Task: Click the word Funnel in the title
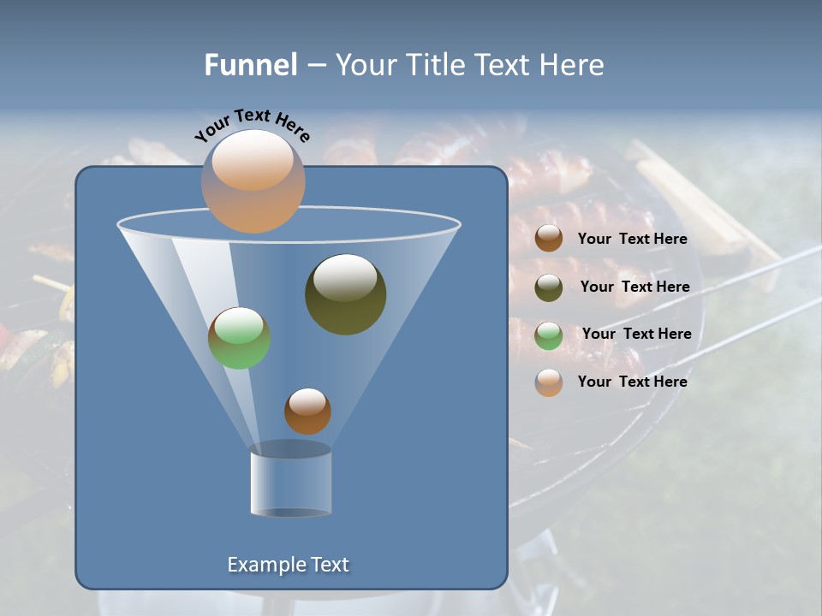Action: click(250, 65)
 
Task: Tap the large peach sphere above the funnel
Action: click(253, 181)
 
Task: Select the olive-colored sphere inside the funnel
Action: click(345, 294)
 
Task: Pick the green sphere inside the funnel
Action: click(239, 338)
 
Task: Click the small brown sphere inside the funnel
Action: click(307, 412)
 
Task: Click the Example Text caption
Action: click(288, 565)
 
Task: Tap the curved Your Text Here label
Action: click(252, 125)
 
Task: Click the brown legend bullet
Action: click(549, 239)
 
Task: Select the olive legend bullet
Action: click(549, 287)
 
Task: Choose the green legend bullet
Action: click(549, 335)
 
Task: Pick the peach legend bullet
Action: click(549, 382)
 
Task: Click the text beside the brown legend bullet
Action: click(632, 240)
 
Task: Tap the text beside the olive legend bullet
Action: click(634, 287)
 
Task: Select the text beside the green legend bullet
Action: click(636, 335)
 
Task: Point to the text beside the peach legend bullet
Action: click(632, 382)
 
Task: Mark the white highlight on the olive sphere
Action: click(345, 278)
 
